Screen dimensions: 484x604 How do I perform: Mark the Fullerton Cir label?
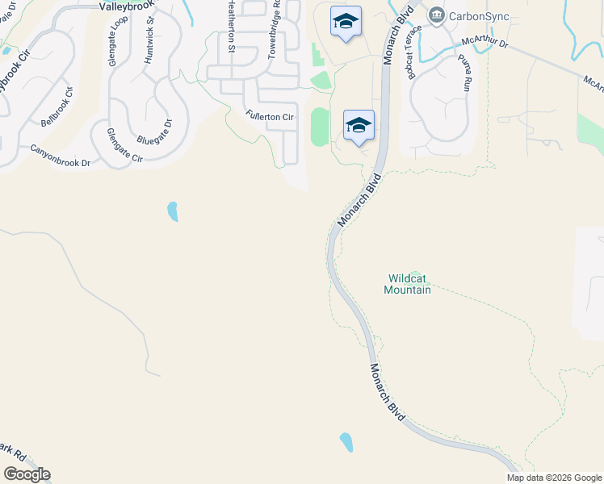270,118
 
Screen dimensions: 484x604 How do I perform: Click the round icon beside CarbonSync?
437,15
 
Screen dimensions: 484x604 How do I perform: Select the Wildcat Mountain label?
407,284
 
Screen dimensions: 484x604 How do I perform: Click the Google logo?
27,474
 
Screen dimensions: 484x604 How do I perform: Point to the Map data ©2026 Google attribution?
554,478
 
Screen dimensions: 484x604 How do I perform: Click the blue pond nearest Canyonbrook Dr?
172,211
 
